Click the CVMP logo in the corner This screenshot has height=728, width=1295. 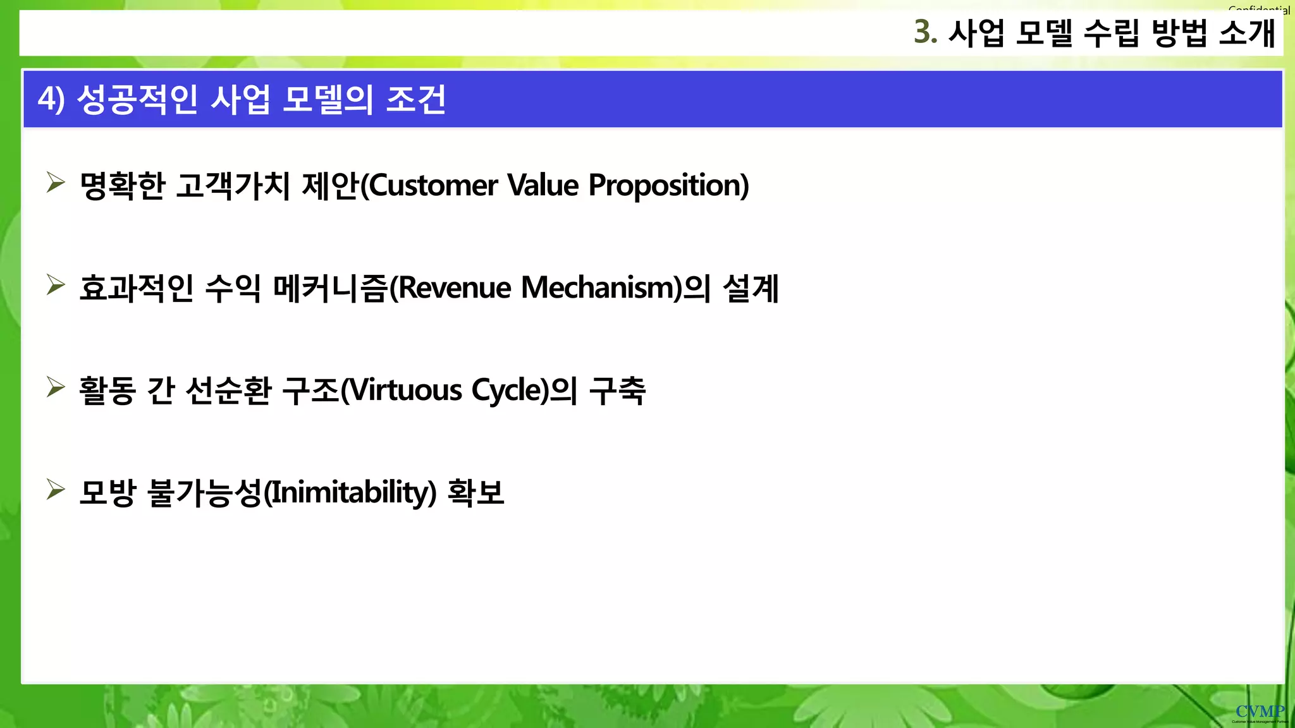(1260, 713)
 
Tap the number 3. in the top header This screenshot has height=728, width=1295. (925, 32)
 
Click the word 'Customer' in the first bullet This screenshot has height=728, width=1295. (433, 186)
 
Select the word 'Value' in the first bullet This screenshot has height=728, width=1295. (543, 186)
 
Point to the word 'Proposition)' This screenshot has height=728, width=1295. (668, 186)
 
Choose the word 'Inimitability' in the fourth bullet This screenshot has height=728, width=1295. (348, 493)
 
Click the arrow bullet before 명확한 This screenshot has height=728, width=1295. (56, 183)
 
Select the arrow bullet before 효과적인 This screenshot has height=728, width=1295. (56, 285)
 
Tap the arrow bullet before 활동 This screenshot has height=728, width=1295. (56, 387)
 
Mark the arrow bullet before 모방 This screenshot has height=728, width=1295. (56, 489)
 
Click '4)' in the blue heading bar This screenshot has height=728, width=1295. (51, 99)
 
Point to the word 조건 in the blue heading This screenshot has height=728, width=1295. (415, 99)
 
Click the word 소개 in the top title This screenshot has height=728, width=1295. (1246, 33)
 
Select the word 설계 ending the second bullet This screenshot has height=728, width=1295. (751, 288)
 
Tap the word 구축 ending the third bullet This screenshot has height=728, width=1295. (617, 391)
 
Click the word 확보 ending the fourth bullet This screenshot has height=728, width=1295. (476, 493)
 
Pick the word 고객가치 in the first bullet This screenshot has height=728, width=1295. (232, 186)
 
